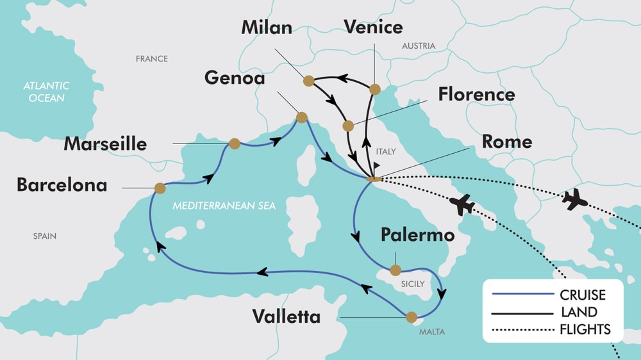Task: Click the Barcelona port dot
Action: pos(160,188)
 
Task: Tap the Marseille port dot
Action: pos(235,143)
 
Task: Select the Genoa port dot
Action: pos(301,117)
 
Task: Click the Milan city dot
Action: pos(308,81)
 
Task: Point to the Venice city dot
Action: pos(375,88)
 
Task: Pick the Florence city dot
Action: pos(347,126)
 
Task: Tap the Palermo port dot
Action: pos(395,270)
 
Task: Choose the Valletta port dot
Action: pos(412,316)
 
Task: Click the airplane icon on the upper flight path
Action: pos(574,199)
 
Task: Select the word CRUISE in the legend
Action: pos(582,295)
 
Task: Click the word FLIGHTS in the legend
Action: pos(585,330)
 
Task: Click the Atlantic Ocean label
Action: pos(46,92)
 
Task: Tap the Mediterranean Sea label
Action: pos(224,206)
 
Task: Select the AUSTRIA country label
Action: pos(418,46)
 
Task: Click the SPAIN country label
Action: pos(45,236)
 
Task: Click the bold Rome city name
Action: pos(506,142)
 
